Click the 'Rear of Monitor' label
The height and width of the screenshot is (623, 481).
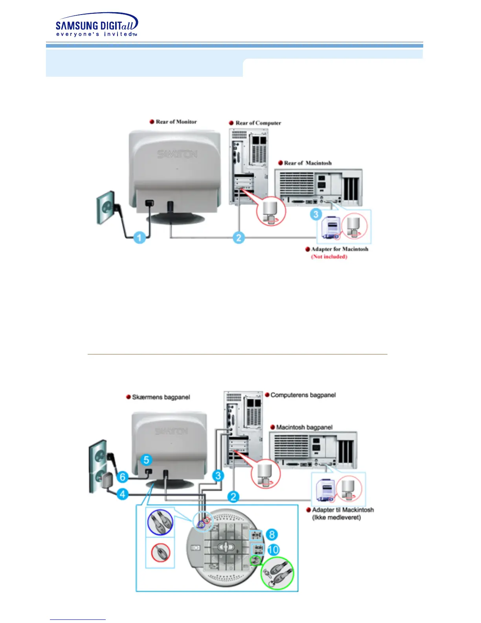tap(176, 122)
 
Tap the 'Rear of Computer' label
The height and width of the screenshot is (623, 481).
tap(258, 123)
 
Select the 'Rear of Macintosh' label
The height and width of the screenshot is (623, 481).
tap(308, 163)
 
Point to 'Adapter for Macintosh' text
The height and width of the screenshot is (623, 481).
tap(340, 249)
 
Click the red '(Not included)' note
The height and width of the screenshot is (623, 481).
tap(329, 257)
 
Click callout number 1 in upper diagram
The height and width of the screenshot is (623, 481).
tap(139, 237)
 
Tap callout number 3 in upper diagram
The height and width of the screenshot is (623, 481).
tap(316, 214)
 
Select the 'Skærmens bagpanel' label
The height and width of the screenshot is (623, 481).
tap(161, 397)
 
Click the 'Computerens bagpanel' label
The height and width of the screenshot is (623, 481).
tap(303, 395)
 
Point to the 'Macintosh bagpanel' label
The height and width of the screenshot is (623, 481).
tap(304, 427)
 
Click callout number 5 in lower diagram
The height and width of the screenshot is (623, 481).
tap(146, 460)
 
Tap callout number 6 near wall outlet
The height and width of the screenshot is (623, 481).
tap(123, 477)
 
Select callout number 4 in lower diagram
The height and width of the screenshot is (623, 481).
tap(123, 494)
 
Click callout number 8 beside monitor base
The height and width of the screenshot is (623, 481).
tap(272, 535)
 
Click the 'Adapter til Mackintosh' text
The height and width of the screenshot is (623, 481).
tap(343, 510)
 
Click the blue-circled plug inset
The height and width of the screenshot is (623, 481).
tap(160, 523)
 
